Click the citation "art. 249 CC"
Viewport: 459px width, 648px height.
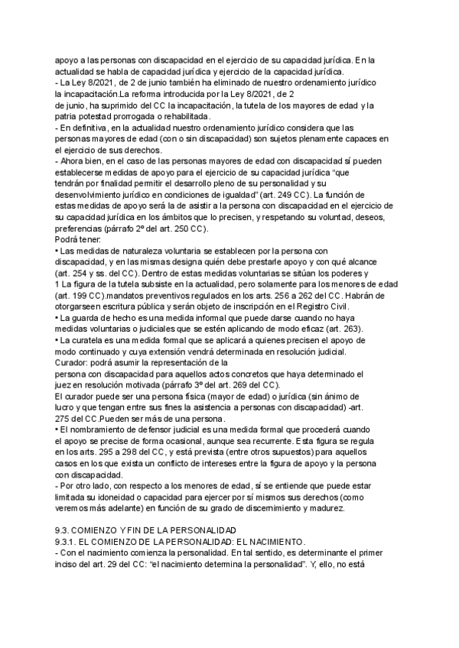pyautogui.click(x=283, y=196)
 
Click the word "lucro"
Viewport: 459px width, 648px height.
pyautogui.click(x=67, y=409)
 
